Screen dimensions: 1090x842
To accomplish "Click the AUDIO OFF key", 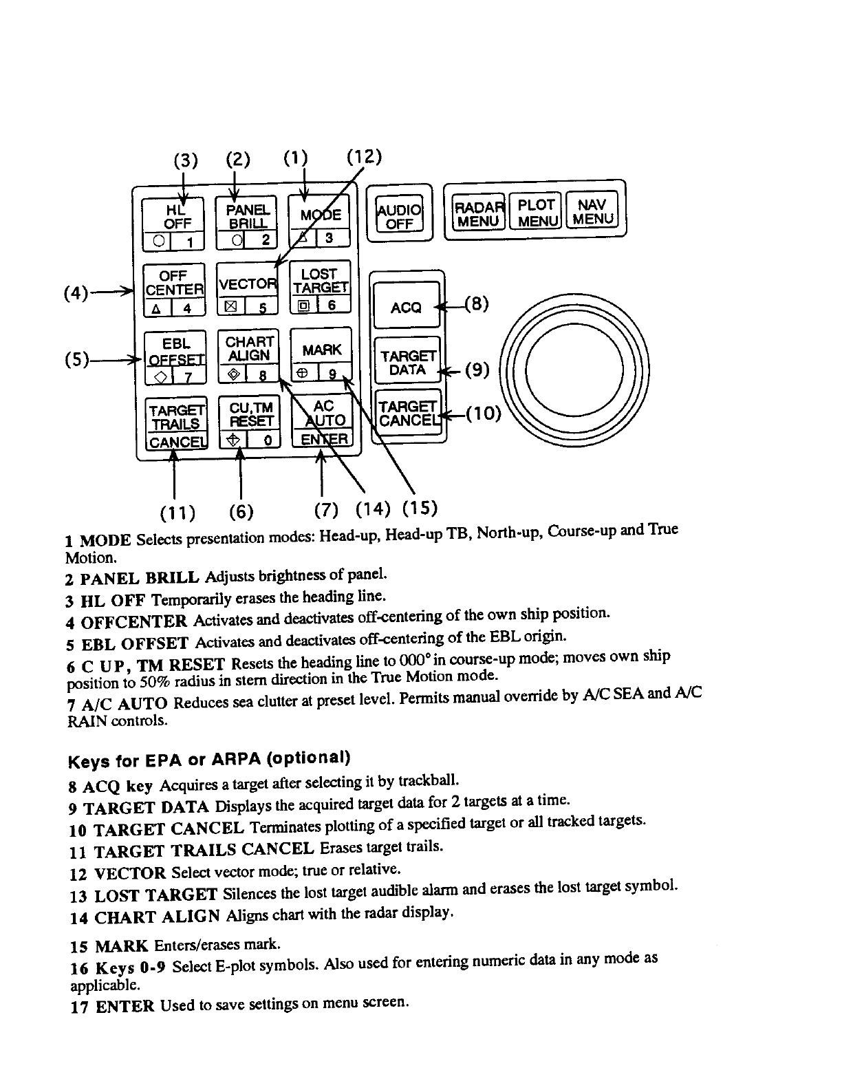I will [x=399, y=215].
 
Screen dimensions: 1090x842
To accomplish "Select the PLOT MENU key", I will [x=536, y=212].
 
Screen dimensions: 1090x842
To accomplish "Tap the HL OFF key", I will [x=173, y=223].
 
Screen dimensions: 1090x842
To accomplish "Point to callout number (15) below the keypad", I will [x=420, y=509].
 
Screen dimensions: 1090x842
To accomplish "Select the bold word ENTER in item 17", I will [x=125, y=1007].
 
